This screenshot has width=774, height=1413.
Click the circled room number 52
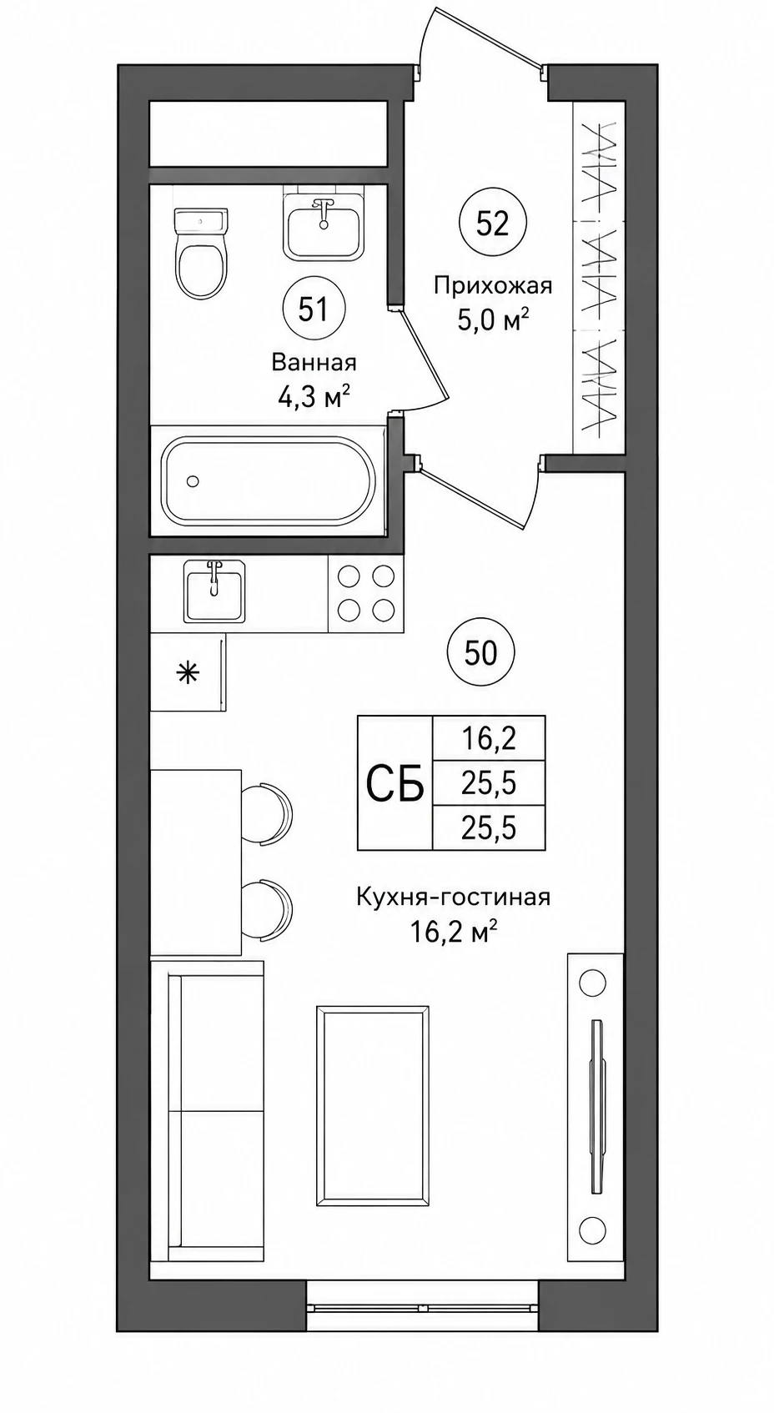tap(492, 224)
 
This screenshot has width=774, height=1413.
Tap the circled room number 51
tap(314, 310)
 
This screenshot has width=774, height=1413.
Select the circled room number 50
tap(480, 653)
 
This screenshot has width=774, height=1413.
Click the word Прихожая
tap(493, 286)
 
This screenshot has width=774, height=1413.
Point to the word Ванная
tap(314, 363)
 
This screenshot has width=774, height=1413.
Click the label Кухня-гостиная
tap(453, 897)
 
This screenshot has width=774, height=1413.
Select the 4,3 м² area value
tap(314, 397)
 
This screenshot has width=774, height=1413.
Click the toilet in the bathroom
tap(201, 254)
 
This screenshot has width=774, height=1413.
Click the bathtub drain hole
tap(193, 481)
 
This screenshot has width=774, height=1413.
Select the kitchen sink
tap(214, 591)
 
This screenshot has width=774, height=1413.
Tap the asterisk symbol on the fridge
tap(188, 674)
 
